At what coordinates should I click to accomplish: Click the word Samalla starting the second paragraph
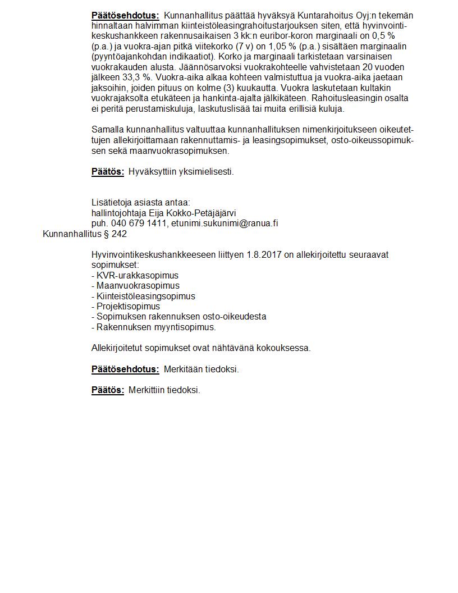[x=107, y=130]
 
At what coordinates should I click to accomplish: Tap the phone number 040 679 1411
[x=139, y=223]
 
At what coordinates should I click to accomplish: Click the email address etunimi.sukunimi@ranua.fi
[x=225, y=223]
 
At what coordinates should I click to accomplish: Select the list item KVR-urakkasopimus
[x=138, y=276]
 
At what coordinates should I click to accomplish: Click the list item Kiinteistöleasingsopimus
[x=146, y=296]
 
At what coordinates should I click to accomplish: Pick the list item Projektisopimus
[x=129, y=306]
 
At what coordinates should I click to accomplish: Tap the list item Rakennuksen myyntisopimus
[x=156, y=327]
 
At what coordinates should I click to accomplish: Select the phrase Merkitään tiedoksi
[x=201, y=369]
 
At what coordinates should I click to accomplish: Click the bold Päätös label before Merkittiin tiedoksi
[x=108, y=390]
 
